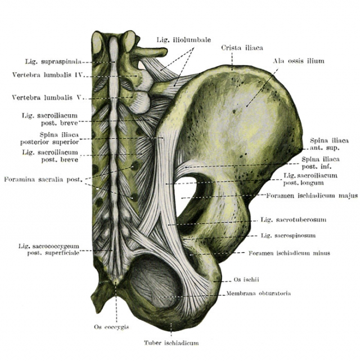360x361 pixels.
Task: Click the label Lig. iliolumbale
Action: [184, 40]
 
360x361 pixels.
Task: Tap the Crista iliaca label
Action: [242, 48]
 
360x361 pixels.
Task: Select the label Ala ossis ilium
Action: [299, 61]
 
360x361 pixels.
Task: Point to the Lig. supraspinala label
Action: [53, 62]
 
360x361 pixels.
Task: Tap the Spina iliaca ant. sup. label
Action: [329, 144]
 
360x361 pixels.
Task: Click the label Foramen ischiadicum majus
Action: [312, 195]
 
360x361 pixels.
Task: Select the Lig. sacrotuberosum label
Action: [293, 220]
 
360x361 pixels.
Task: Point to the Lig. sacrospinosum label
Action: [288, 235]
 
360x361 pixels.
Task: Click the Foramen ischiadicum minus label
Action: [289, 253]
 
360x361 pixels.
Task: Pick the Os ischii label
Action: [246, 279]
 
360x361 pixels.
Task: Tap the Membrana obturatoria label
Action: [258, 293]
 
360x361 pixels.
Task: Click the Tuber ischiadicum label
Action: [171, 343]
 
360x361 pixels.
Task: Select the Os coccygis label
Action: [111, 327]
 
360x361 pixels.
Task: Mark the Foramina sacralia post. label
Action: [43, 179]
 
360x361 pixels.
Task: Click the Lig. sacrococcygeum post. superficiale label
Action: [49, 249]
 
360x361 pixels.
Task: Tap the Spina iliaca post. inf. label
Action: [321, 163]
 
